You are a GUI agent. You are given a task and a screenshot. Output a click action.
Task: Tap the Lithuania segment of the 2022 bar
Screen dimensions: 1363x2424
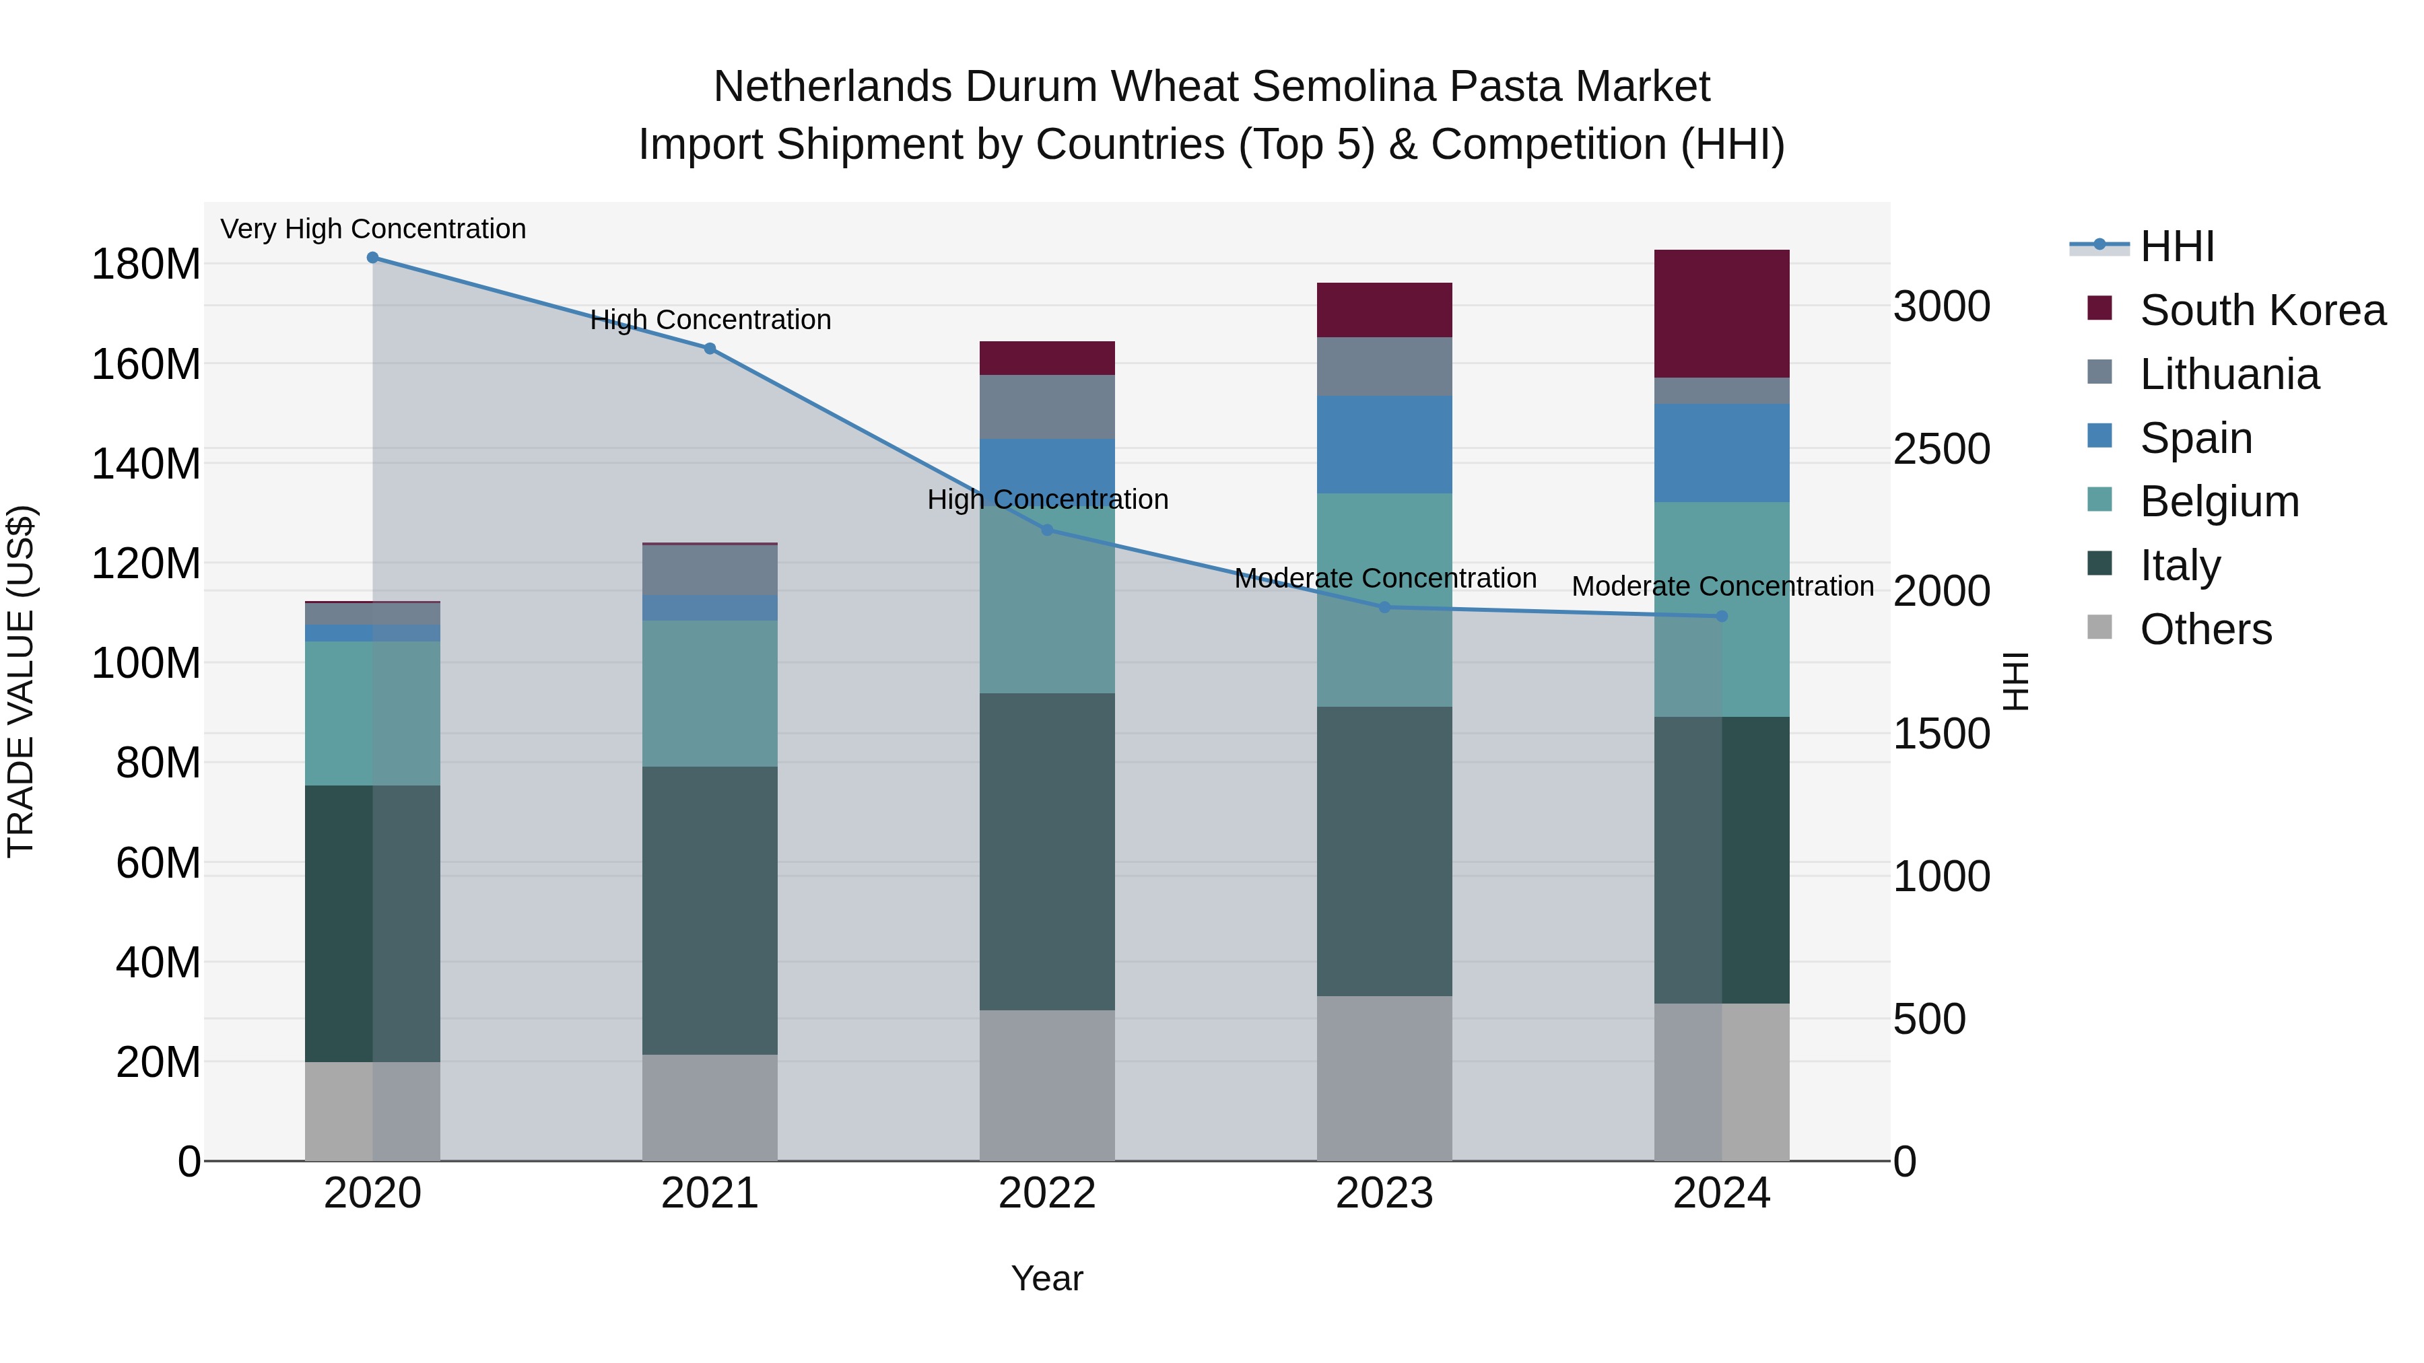click(1046, 407)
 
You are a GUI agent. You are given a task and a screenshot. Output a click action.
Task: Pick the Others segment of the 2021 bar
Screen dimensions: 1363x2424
click(710, 1107)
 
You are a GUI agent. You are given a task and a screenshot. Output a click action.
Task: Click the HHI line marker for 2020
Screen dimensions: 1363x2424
click(372, 257)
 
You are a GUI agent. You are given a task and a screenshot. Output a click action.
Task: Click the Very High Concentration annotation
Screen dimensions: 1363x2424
click(372, 229)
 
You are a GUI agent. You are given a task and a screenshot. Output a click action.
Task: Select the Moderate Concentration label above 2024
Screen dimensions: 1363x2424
click(1722, 586)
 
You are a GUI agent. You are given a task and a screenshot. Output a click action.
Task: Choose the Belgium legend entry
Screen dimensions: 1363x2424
click(2218, 501)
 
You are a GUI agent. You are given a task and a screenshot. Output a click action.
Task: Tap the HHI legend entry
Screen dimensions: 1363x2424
click(2176, 246)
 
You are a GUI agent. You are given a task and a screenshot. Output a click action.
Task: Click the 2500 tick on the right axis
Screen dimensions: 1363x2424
click(1941, 449)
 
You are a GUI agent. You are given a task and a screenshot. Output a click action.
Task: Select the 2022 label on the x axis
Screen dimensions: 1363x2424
click(1046, 1193)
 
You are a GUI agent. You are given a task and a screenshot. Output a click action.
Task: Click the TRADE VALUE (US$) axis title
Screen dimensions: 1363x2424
click(21, 681)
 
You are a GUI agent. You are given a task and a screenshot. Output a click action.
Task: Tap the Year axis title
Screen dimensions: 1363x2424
click(1046, 1278)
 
